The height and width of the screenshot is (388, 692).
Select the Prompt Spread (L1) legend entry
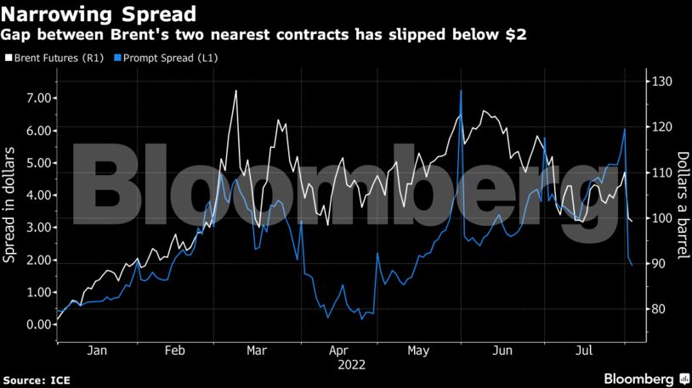pyautogui.click(x=157, y=58)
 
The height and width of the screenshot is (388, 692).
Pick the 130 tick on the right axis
pyautogui.click(x=663, y=82)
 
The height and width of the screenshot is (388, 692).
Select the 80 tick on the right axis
pyautogui.click(x=661, y=309)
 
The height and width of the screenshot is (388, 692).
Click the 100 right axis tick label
pyautogui.click(x=663, y=218)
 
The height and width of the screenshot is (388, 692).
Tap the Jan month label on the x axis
pyautogui.click(x=96, y=350)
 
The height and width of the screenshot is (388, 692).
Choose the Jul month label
pyautogui.click(x=583, y=350)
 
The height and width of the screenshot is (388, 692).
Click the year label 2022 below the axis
pyautogui.click(x=352, y=364)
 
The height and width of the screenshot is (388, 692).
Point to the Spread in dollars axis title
pyautogui.click(x=12, y=204)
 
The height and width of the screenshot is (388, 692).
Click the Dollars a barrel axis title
pyautogui.click(x=682, y=204)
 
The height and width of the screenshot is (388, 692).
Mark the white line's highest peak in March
pyautogui.click(x=235, y=91)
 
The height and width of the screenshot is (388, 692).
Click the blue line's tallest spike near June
pyautogui.click(x=460, y=91)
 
